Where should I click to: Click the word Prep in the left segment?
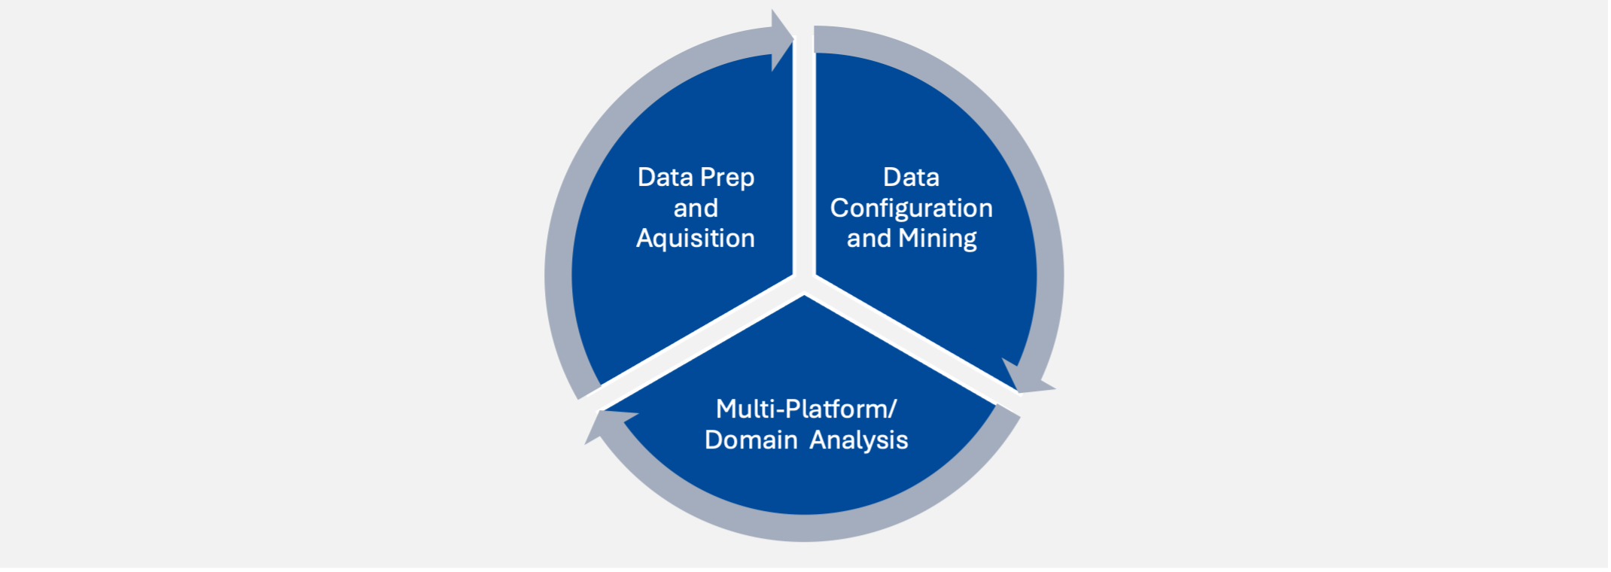(726, 178)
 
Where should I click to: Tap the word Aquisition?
(696, 239)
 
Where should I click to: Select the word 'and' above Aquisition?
(696, 208)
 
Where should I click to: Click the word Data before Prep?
(665, 178)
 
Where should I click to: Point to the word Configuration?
(911, 208)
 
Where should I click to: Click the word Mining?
(937, 239)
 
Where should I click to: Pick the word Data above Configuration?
(911, 178)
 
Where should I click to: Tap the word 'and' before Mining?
(869, 239)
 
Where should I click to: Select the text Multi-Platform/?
(805, 409)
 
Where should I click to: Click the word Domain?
(751, 440)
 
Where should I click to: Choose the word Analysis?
(859, 440)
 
